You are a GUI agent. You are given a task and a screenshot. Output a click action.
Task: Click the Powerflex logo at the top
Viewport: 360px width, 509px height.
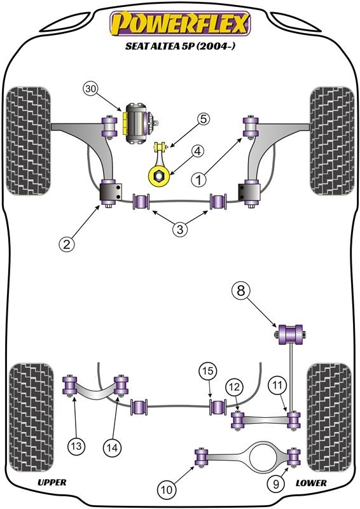[180, 24]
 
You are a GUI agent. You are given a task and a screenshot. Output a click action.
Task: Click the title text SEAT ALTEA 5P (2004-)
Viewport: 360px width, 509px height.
[180, 46]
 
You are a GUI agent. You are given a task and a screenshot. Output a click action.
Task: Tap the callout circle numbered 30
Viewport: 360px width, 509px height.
[91, 89]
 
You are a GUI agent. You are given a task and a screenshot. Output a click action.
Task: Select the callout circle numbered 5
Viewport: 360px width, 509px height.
[203, 119]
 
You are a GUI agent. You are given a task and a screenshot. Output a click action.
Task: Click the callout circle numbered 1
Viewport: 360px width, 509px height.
[199, 179]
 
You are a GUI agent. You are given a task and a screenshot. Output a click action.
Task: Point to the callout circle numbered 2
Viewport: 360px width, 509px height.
[67, 244]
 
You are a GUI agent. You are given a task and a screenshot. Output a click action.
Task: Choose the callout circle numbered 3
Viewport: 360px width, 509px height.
[180, 230]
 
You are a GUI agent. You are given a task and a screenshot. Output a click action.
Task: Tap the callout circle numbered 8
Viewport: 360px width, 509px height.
[240, 291]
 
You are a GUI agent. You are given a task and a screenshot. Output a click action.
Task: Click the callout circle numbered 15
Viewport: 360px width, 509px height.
[208, 371]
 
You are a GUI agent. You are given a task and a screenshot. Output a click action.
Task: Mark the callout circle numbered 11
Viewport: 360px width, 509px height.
[277, 386]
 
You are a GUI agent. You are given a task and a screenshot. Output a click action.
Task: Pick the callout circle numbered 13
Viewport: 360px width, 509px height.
[76, 446]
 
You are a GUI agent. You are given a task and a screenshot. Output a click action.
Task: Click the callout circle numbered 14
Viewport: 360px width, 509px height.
[112, 448]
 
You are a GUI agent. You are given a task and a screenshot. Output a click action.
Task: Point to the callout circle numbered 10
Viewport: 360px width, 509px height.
[166, 489]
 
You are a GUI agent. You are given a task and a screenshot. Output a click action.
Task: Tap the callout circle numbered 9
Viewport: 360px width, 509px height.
[276, 485]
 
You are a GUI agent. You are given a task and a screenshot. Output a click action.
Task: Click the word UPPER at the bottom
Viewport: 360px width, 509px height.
[52, 483]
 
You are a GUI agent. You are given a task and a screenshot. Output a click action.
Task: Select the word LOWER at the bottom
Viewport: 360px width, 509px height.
[311, 483]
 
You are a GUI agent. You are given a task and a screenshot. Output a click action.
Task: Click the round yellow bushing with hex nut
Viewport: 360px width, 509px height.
[159, 176]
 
